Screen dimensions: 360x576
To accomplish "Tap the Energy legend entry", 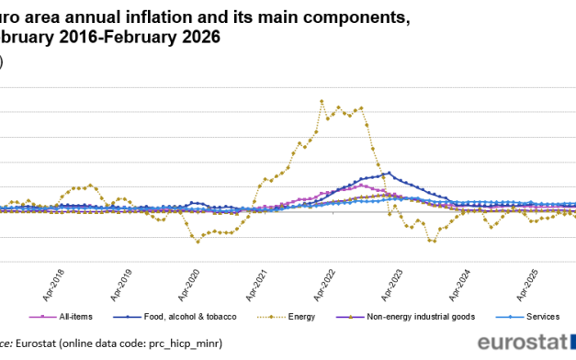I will coord(300,317).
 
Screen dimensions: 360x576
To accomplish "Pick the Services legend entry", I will coord(543,317).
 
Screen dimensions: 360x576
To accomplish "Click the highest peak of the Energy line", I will coord(321,101).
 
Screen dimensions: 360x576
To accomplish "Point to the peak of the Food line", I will coord(390,173).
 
